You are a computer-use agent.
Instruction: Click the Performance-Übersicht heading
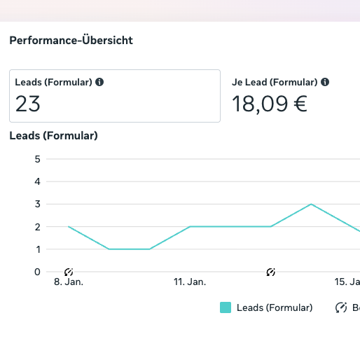point(71,40)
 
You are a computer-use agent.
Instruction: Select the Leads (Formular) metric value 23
point(28,104)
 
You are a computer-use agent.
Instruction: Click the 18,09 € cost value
point(270,104)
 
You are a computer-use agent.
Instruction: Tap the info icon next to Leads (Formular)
point(99,82)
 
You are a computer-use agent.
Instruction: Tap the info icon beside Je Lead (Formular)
point(325,82)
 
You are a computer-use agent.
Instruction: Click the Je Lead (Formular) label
point(275,82)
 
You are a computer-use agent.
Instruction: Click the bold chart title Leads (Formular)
point(53,135)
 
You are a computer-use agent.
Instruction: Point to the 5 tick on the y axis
point(37,159)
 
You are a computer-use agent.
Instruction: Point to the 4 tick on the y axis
point(37,181)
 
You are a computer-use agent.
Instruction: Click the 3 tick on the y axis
point(37,204)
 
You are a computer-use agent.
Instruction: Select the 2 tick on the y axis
point(37,227)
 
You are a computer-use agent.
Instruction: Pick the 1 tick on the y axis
point(37,249)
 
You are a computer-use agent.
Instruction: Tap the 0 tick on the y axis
point(37,272)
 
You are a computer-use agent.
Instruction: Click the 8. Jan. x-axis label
point(68,282)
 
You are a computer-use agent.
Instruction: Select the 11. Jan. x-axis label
point(190,282)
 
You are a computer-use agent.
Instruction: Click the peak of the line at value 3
point(311,204)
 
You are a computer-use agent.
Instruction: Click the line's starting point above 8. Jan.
point(69,227)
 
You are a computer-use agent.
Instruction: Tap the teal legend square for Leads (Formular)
point(226,307)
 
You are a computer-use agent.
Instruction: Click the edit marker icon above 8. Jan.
point(69,272)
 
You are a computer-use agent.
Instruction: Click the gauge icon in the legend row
point(341,307)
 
